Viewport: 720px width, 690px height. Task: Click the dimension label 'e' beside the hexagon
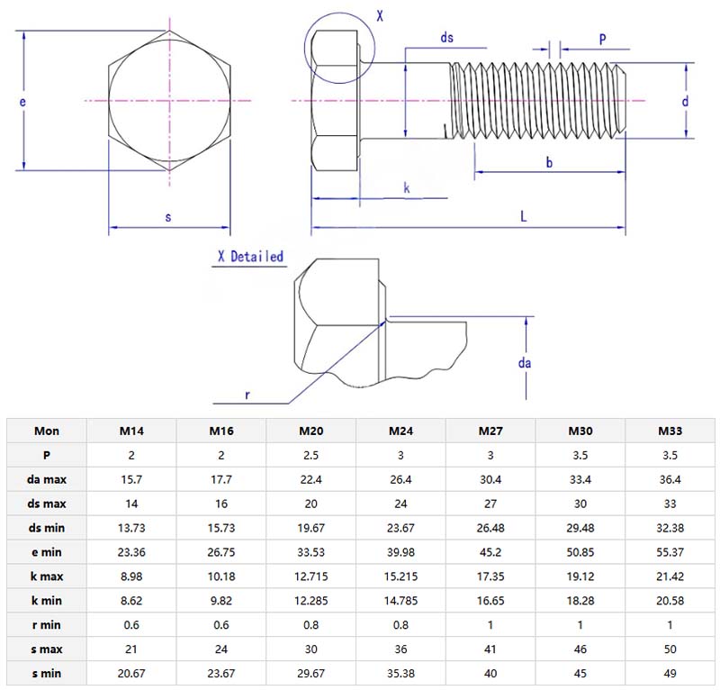tap(22, 103)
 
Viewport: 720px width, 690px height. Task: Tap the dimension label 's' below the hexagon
tap(168, 217)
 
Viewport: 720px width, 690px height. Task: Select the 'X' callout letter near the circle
tap(379, 16)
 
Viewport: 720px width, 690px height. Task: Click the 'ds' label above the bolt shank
tap(446, 37)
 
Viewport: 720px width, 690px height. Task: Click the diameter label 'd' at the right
tap(685, 102)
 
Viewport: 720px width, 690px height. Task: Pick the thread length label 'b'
tap(549, 161)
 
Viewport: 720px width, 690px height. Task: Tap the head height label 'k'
tap(407, 187)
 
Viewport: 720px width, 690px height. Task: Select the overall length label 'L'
tap(524, 216)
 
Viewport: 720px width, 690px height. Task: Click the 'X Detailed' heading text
tap(250, 257)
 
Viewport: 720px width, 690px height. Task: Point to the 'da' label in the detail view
tap(525, 363)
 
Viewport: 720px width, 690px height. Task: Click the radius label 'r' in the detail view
tap(246, 395)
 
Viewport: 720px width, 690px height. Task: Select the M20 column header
tap(311, 431)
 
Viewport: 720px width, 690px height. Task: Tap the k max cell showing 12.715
tap(311, 576)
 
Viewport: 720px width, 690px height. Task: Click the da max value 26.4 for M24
tap(401, 479)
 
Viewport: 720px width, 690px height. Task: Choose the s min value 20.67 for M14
tap(132, 672)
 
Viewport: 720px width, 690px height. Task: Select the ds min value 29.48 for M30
tap(580, 527)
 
